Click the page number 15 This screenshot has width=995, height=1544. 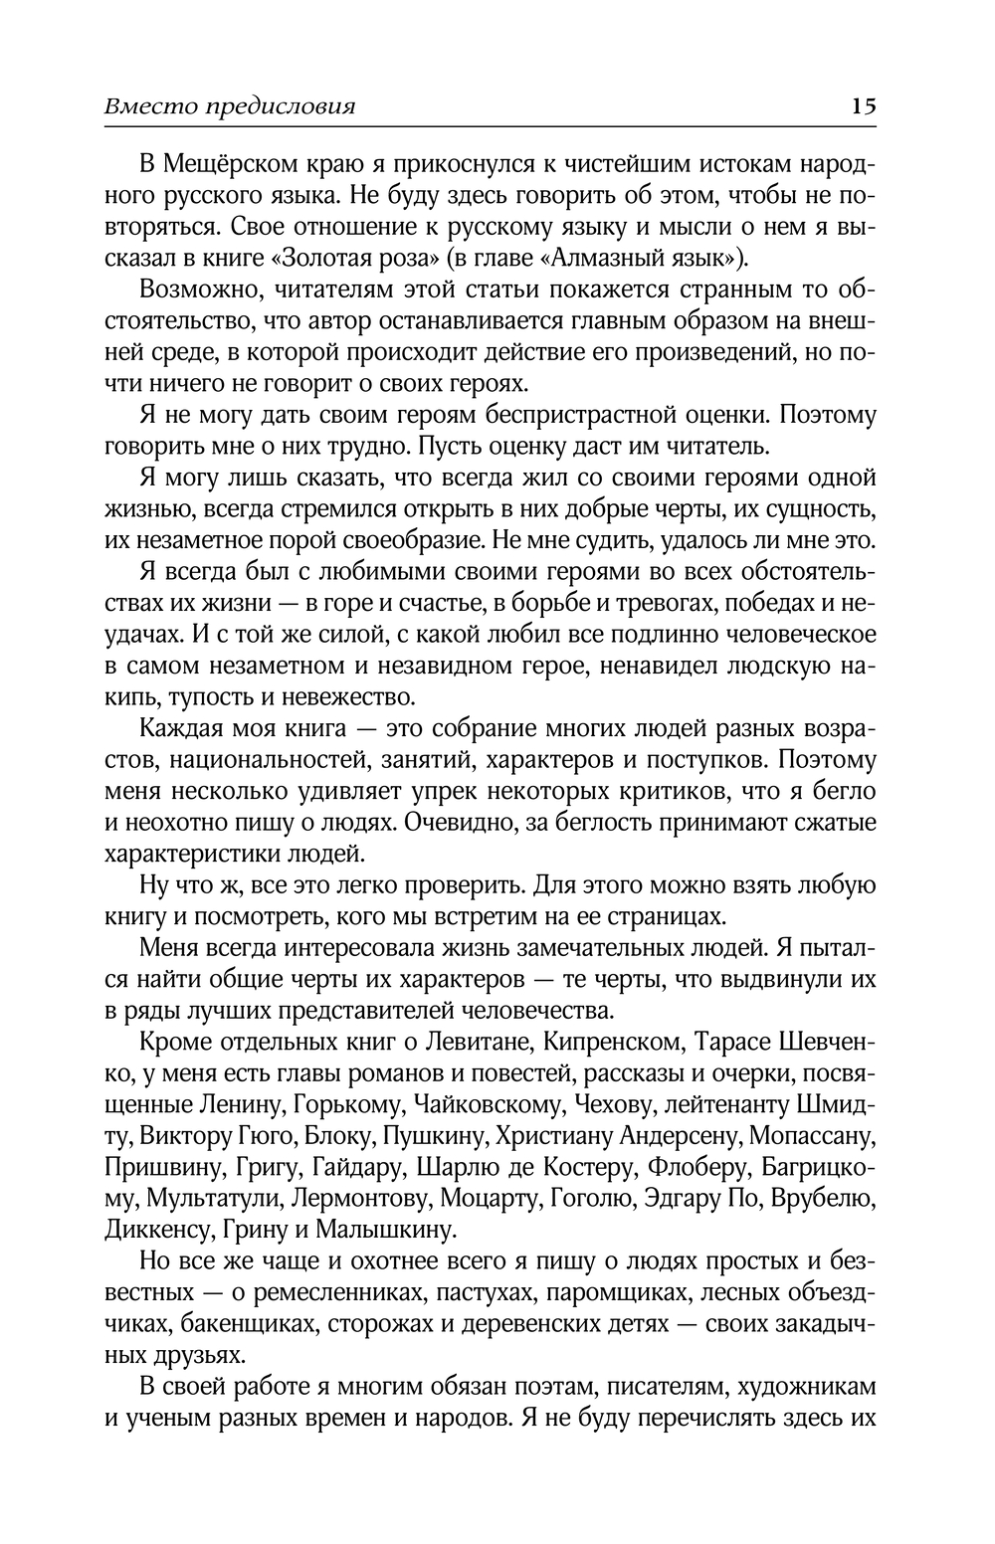tap(863, 106)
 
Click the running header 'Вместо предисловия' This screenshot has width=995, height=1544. tap(230, 106)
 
